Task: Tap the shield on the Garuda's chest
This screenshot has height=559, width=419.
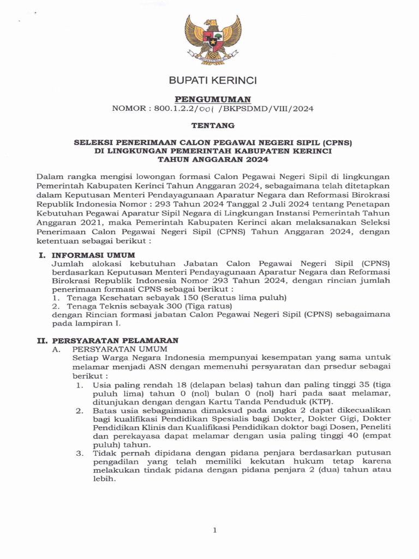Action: click(x=213, y=40)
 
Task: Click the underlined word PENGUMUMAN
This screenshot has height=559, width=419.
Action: click(x=213, y=99)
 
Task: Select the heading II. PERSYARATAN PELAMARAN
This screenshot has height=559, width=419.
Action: click(x=107, y=340)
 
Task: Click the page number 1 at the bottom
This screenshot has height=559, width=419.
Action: click(x=215, y=530)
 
